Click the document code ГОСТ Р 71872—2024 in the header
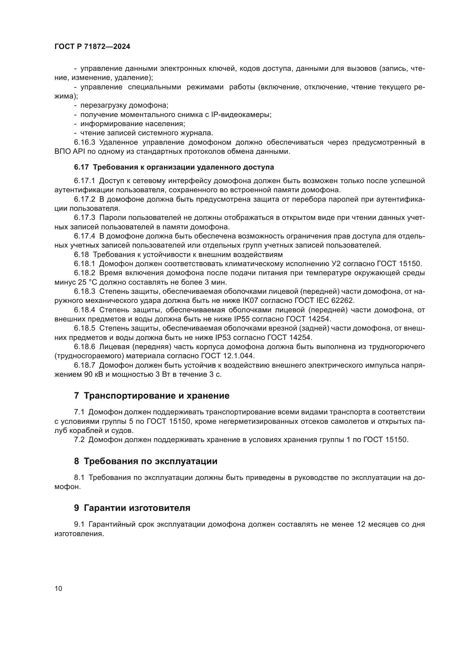click(92, 47)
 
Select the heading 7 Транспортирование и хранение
click(152, 396)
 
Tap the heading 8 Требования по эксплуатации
click(146, 461)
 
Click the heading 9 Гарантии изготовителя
click(132, 508)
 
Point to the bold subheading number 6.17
click(81, 167)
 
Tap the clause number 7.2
click(79, 440)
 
